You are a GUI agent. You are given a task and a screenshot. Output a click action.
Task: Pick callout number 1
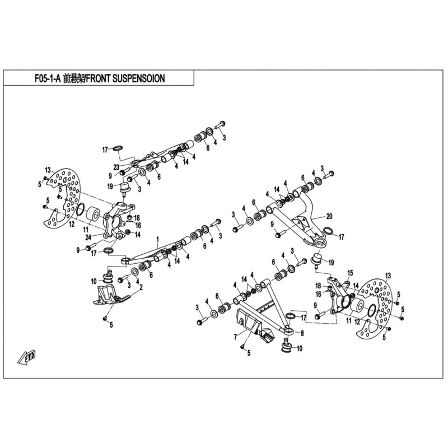[158, 239]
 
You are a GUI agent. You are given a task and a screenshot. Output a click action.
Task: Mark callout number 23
[116, 166]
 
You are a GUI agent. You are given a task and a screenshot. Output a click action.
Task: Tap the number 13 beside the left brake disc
[48, 169]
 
